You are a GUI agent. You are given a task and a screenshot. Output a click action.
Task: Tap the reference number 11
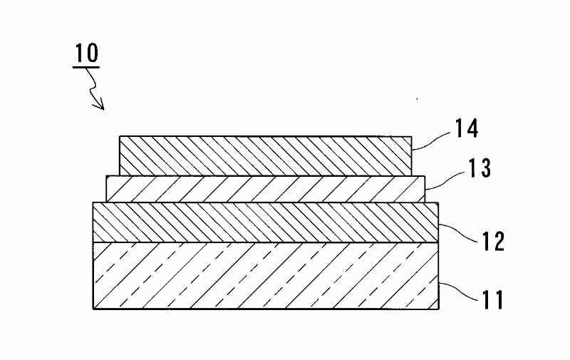(x=490, y=299)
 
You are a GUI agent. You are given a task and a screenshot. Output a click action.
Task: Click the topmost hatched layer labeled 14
(x=265, y=155)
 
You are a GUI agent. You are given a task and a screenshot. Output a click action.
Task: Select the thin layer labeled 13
(x=265, y=189)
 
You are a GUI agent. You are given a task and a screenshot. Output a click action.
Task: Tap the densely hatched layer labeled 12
(x=265, y=222)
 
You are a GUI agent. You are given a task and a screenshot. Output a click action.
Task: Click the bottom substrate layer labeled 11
(x=265, y=275)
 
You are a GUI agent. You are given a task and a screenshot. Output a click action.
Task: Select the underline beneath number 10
(x=85, y=67)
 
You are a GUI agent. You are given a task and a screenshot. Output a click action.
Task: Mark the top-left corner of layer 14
(x=120, y=136)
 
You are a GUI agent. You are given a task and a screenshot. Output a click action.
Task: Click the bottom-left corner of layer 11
(x=93, y=308)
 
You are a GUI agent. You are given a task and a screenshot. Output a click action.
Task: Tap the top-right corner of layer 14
(x=412, y=136)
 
